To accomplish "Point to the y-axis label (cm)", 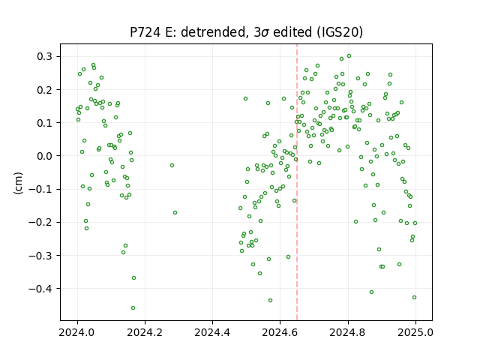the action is (18, 183).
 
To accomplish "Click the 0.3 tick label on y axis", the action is (44, 57).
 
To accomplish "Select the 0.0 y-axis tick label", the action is (44, 156).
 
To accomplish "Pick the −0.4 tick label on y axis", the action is (40, 288).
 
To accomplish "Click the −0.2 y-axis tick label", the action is (40, 222).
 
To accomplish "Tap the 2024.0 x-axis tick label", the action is (77, 332).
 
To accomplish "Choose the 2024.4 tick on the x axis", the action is (212, 332).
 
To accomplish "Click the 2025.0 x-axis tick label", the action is (415, 332).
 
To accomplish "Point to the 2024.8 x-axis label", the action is (348, 332).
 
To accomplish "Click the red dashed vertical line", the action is (297, 182).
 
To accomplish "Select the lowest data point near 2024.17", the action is (133, 308).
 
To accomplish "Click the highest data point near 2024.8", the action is (349, 56).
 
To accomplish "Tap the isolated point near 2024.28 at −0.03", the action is (172, 165).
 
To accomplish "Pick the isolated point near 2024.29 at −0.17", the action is (175, 213).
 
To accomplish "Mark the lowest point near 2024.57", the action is (270, 301).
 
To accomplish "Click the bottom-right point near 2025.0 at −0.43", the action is (414, 298).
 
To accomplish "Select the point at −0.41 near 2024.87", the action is (372, 292).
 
